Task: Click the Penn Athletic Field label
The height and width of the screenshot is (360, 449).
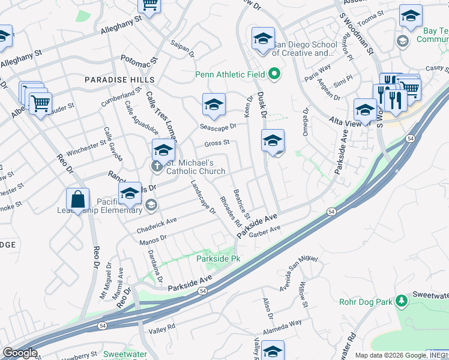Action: click(x=231, y=75)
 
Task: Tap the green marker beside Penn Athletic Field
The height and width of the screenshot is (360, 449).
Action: click(x=275, y=75)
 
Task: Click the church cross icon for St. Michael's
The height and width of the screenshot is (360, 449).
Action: click(x=158, y=166)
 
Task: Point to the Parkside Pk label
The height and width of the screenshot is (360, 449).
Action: click(x=218, y=259)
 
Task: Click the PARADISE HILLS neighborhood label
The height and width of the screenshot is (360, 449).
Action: click(x=119, y=80)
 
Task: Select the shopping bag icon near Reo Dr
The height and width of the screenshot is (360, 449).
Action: click(x=78, y=200)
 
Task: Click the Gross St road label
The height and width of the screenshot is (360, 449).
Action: click(x=217, y=143)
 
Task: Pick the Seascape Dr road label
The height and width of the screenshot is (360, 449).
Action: click(x=218, y=126)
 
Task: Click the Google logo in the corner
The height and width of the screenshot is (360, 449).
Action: click(x=20, y=353)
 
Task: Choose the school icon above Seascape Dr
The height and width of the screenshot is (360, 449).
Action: click(x=214, y=105)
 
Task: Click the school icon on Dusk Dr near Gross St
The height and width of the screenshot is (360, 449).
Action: click(x=273, y=141)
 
